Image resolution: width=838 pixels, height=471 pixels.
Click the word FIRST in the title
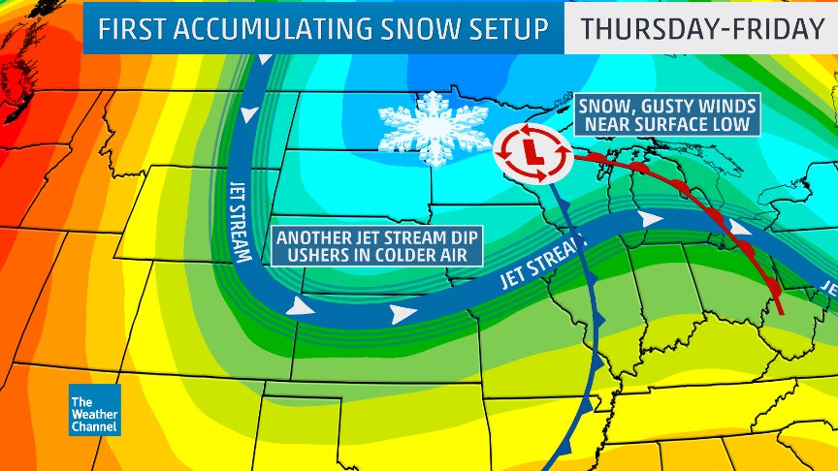coord(138,29)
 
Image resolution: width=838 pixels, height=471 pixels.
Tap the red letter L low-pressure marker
coord(531,153)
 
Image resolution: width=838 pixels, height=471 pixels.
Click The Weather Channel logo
coord(94,409)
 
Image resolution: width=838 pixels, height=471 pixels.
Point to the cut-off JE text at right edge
coord(827,288)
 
